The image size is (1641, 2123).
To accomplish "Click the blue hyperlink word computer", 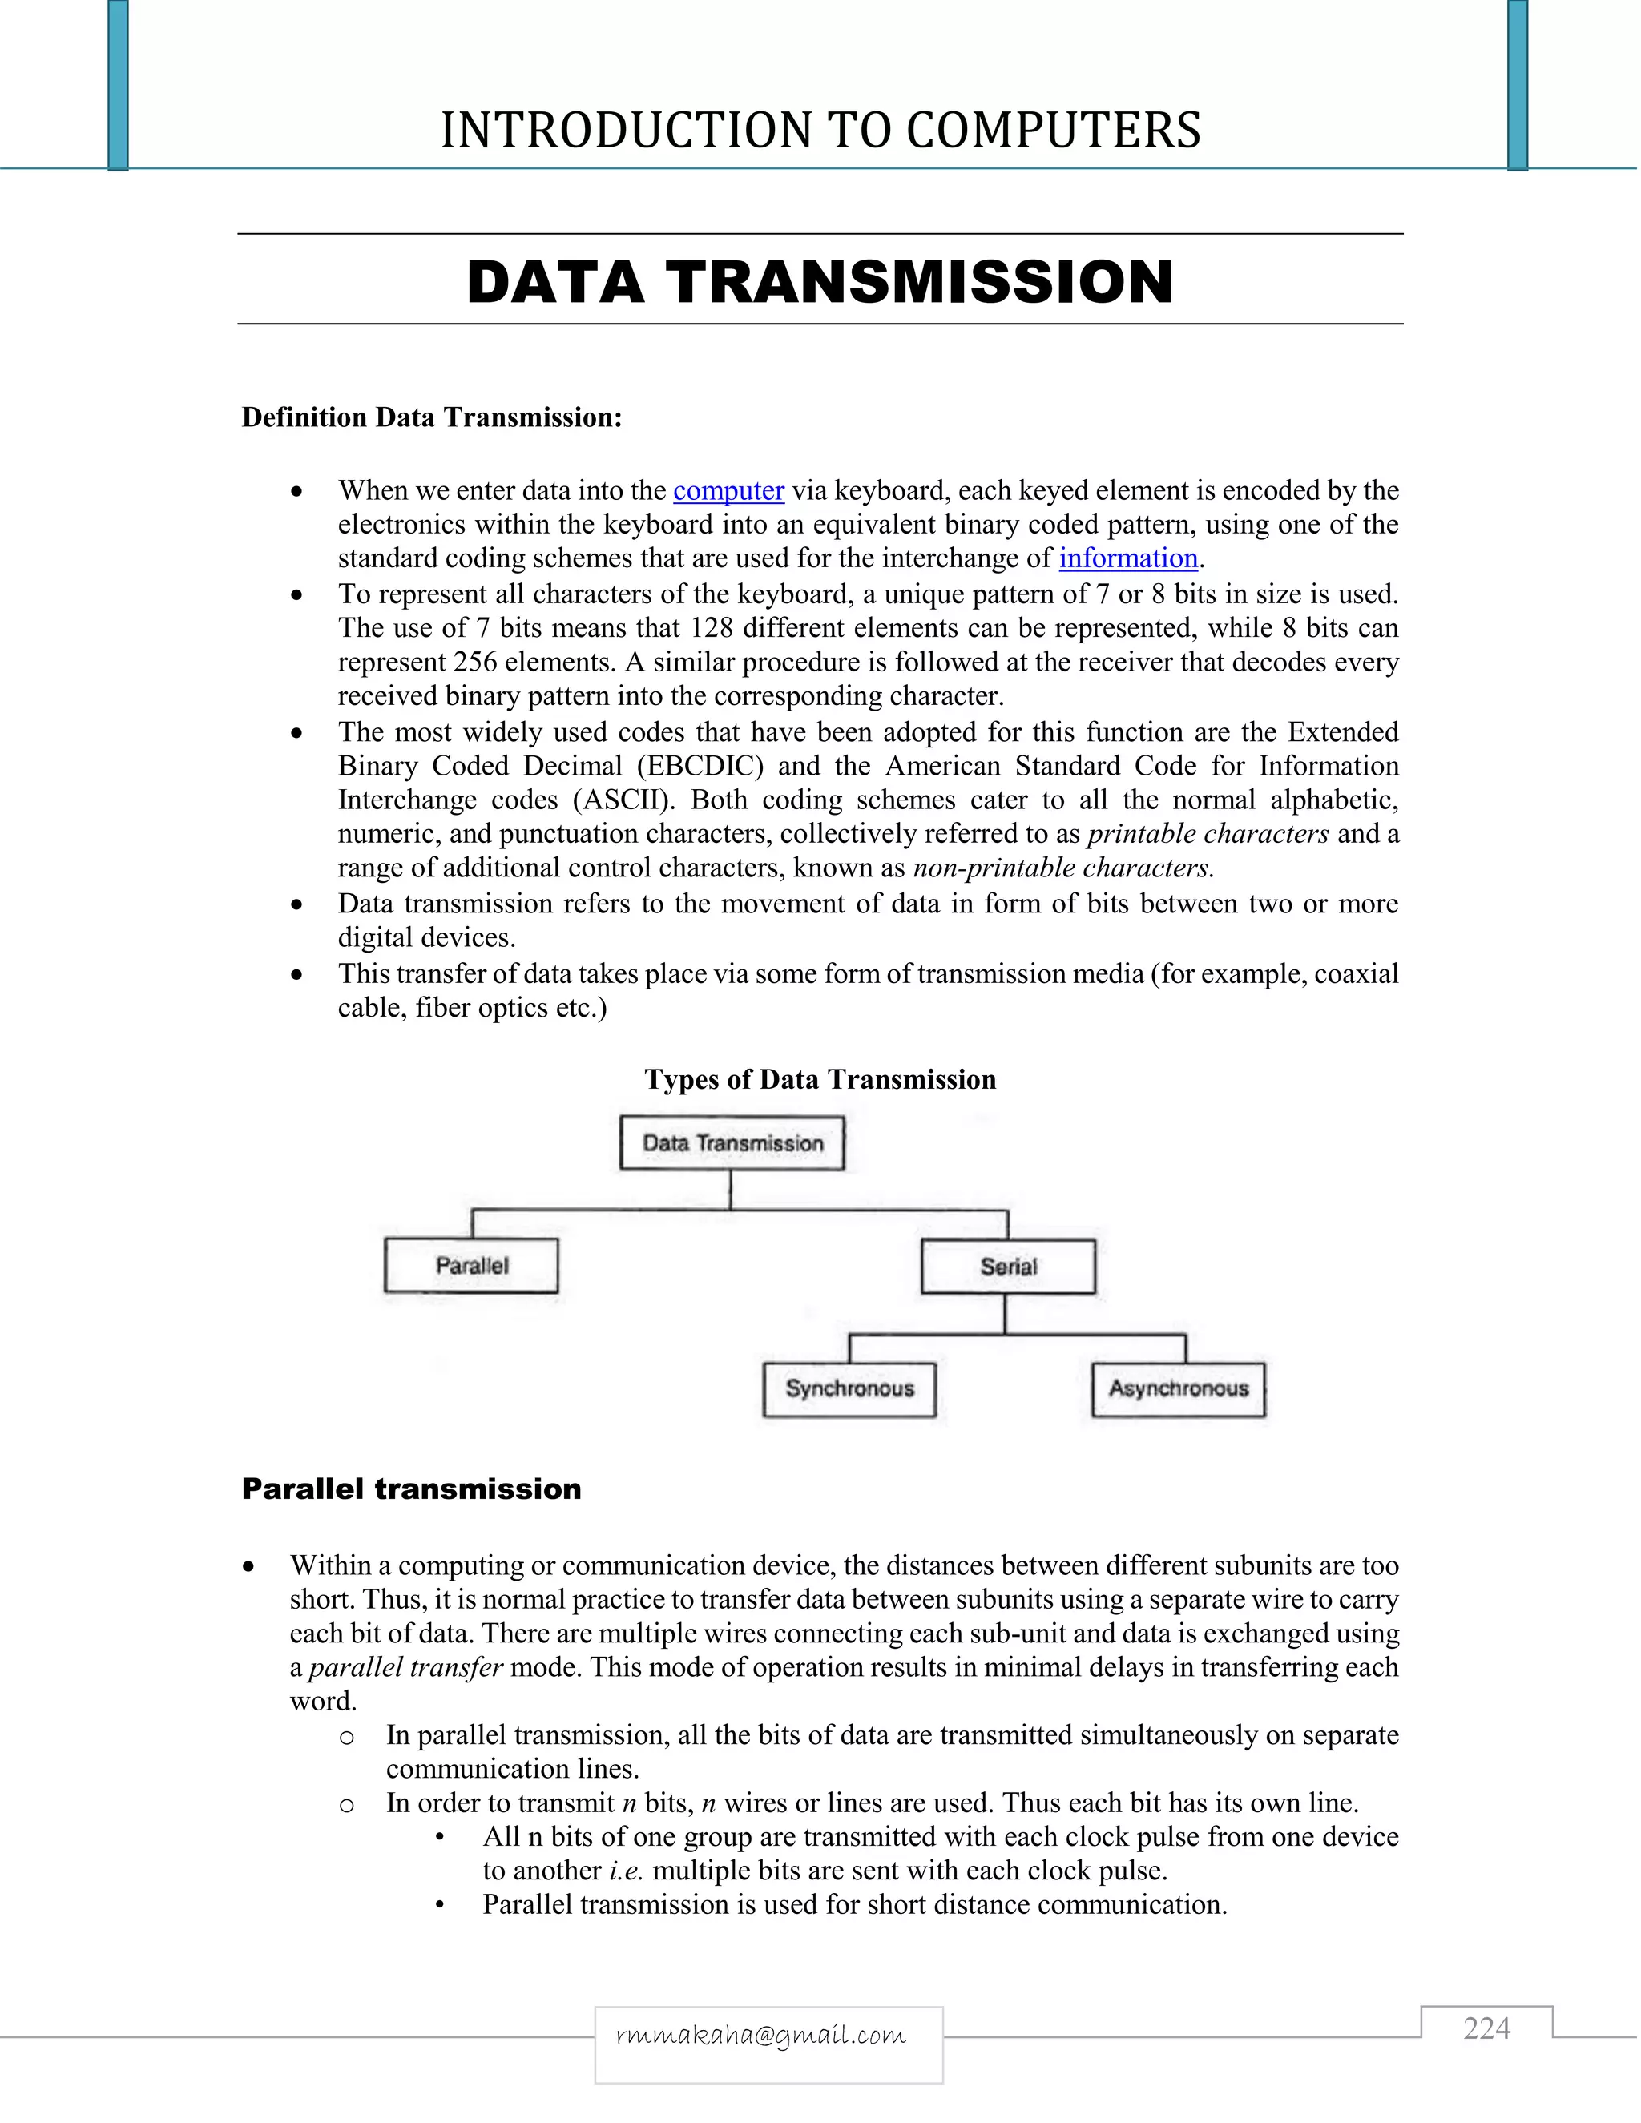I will [728, 491].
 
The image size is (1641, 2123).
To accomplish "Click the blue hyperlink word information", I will [1127, 559].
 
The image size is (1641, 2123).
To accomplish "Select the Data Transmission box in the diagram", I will [732, 1143].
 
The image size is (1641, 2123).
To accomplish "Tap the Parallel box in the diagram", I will [471, 1266].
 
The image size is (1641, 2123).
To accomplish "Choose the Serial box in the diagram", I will [1008, 1267].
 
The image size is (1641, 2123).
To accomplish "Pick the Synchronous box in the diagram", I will [849, 1389].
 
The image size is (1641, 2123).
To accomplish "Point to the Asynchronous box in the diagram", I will [1178, 1389].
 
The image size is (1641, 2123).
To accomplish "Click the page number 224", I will [1486, 2028].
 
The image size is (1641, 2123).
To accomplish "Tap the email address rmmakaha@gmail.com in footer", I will [761, 2036].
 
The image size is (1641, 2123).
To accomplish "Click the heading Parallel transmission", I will [411, 1489].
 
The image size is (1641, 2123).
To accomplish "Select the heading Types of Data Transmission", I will [820, 1080].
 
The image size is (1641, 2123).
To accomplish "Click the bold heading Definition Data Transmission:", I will [432, 418].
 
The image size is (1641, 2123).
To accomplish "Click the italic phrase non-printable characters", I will [1062, 868].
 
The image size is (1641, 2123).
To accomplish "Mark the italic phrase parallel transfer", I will [405, 1668].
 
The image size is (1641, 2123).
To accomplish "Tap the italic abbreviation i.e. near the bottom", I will [626, 1871].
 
